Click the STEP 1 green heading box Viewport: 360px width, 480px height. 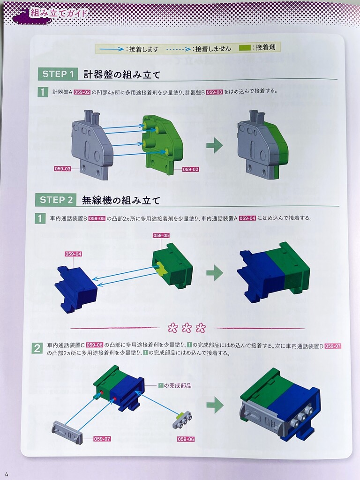pos(58,74)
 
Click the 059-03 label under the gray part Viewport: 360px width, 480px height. pos(62,169)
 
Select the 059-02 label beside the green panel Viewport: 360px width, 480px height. pos(190,169)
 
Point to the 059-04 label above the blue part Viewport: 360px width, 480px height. pos(73,254)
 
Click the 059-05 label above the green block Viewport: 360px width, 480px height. pos(161,235)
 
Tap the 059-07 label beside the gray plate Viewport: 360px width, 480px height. pos(102,439)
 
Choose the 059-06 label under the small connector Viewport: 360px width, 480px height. pos(186,439)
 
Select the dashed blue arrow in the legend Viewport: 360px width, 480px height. pos(179,49)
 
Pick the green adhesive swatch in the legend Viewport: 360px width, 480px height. pos(245,48)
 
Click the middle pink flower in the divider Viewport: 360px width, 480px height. pos(187,328)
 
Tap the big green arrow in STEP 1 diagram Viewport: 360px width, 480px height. pos(215,145)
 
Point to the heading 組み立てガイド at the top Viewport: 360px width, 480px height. pos(59,13)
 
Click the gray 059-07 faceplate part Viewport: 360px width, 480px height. pos(67,432)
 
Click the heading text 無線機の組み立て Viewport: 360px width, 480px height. pos(121,201)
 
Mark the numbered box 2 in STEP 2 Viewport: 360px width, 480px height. pos(37,348)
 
